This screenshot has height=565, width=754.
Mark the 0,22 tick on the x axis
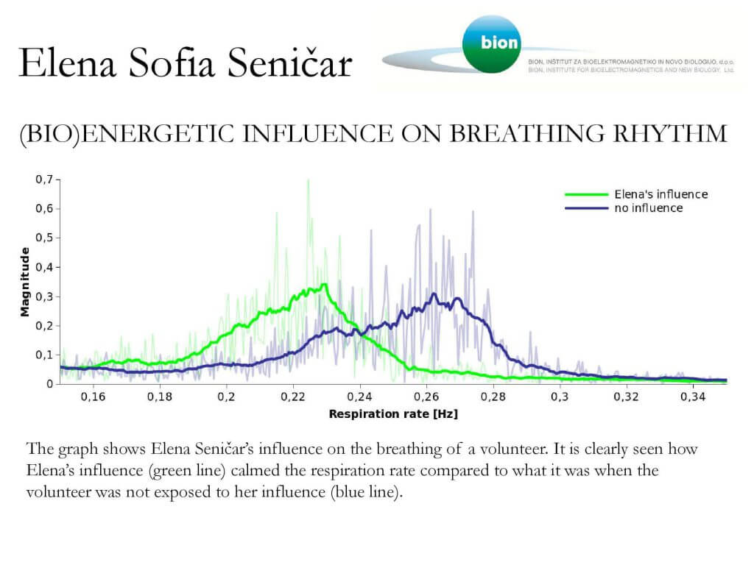point(293,397)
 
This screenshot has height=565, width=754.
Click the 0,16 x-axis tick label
point(93,397)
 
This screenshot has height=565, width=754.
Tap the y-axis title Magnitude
point(25,282)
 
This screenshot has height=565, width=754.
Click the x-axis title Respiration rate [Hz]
point(393,414)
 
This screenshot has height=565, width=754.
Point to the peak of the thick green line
point(324,285)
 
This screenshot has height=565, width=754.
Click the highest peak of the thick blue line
point(434,294)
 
